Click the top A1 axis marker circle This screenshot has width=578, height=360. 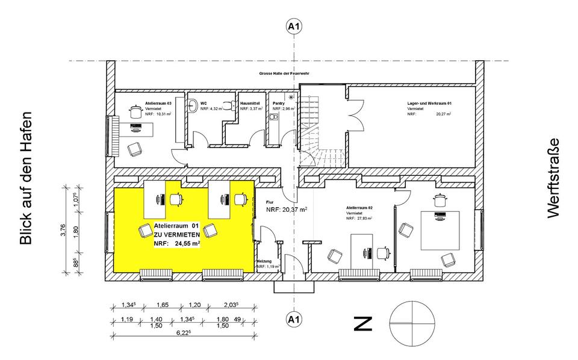click(x=294, y=26)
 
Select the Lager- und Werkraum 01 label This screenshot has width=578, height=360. click(x=430, y=104)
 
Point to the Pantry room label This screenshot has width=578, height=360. click(x=279, y=104)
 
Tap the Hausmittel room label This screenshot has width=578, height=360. click(x=250, y=104)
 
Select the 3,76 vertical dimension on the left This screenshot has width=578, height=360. click(x=64, y=230)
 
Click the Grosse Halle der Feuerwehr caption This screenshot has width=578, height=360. click(x=284, y=74)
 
